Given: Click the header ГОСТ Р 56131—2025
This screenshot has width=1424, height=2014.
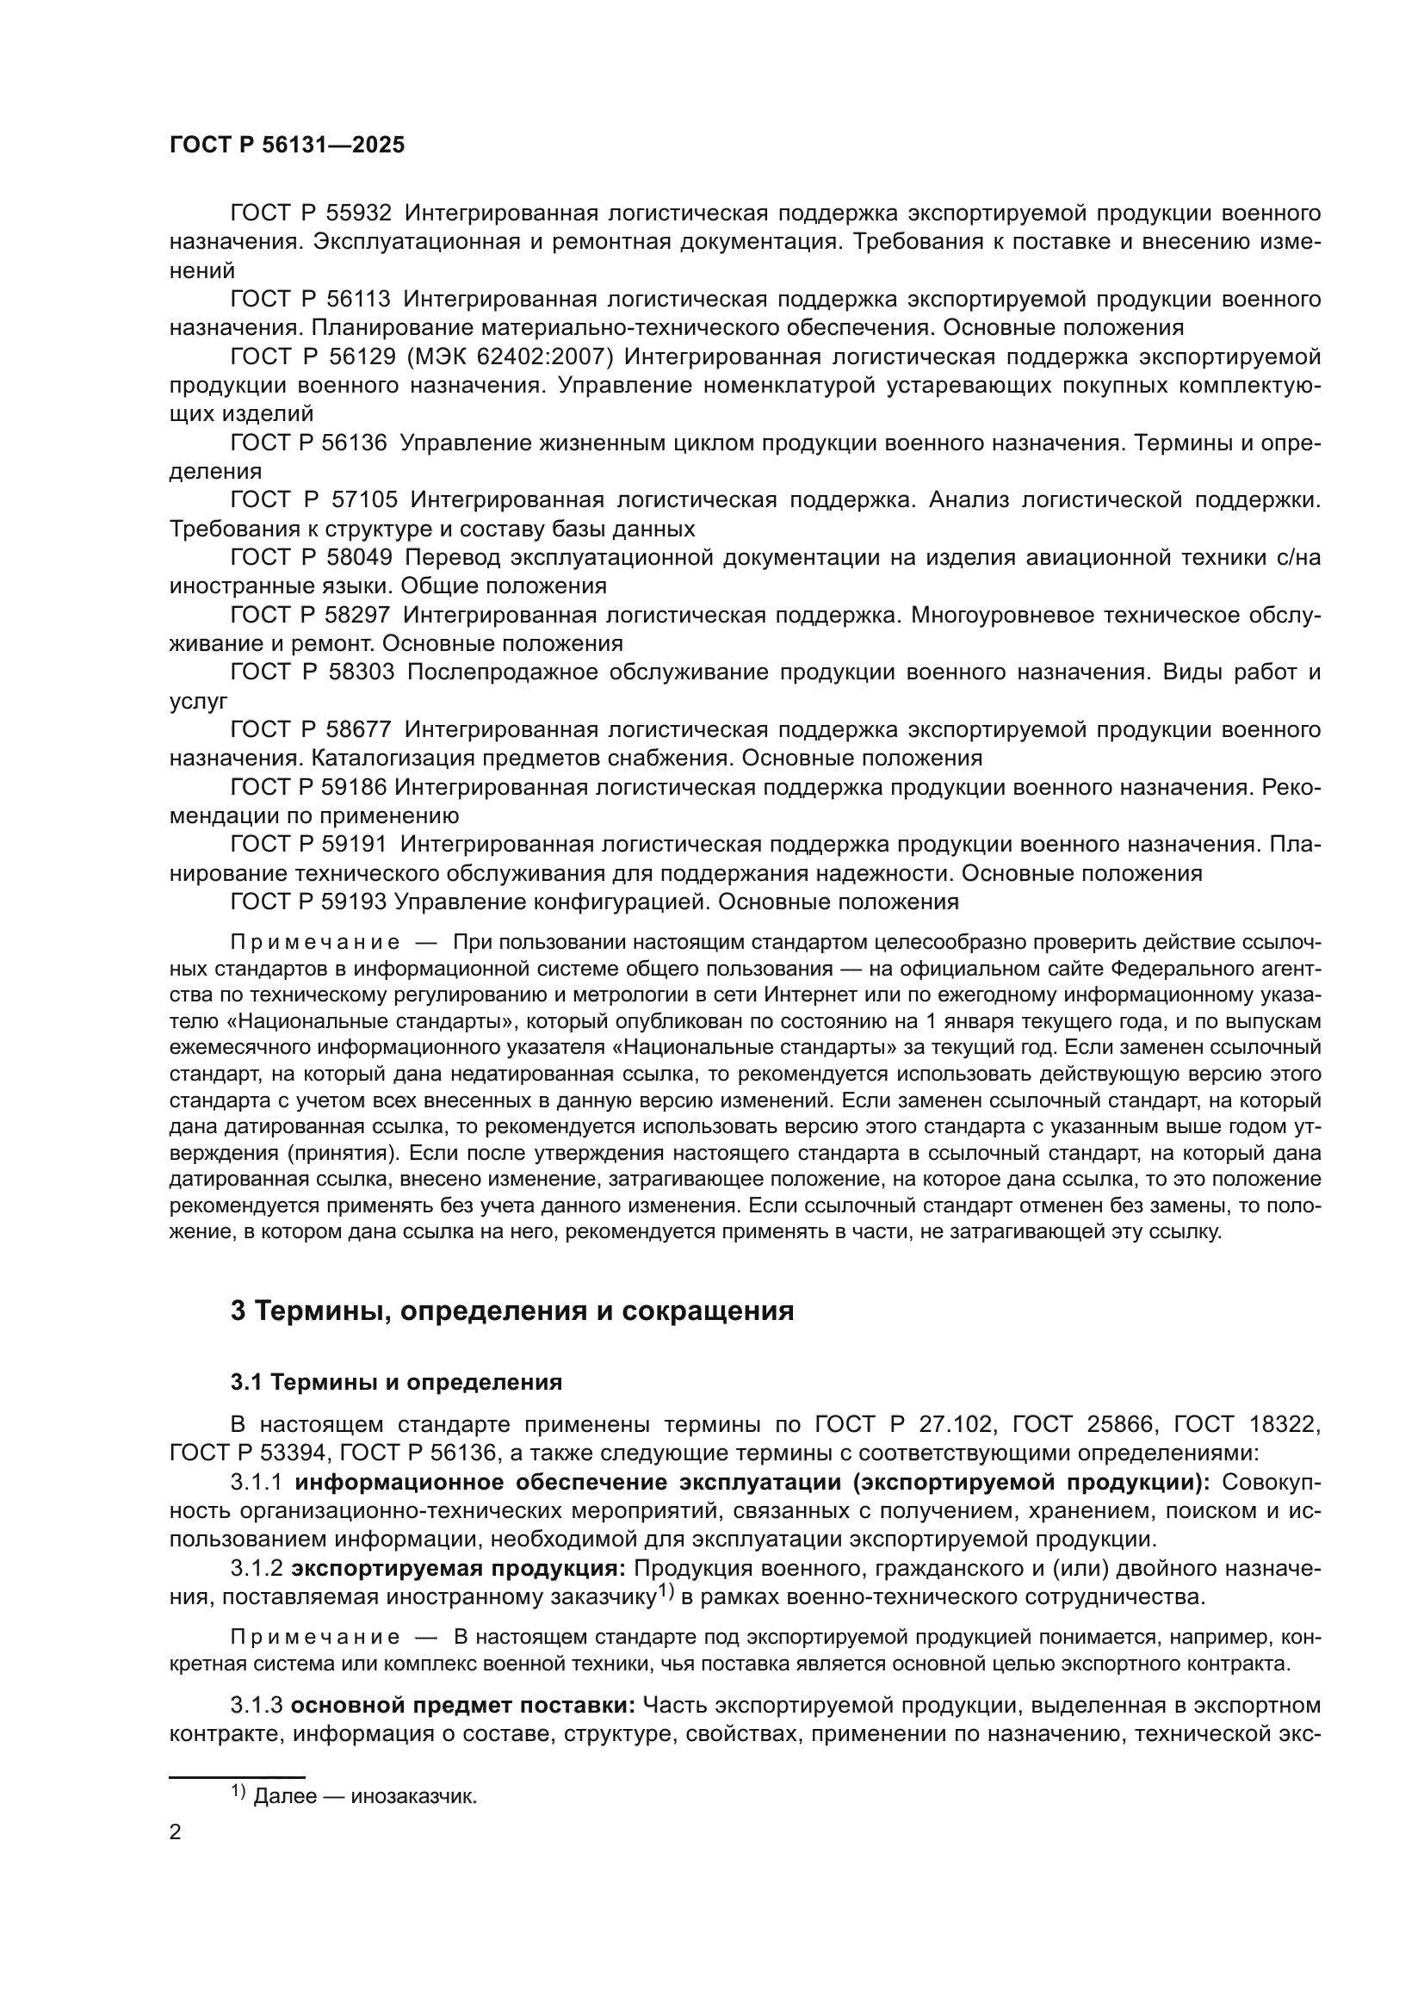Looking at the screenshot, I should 287,146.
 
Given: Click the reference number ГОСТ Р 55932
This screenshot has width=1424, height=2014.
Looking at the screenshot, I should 311,214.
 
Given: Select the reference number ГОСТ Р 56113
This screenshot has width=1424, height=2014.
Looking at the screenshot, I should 311,299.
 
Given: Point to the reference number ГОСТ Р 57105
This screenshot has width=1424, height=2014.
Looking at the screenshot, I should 313,500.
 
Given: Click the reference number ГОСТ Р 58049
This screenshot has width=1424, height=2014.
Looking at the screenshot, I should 311,557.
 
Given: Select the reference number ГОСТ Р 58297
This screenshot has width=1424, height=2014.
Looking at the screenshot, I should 311,615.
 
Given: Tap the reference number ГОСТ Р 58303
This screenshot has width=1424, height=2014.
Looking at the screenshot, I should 313,672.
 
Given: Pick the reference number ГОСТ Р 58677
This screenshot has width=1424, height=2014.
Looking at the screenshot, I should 311,730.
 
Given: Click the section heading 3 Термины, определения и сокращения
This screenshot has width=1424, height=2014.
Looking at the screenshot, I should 512,1311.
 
